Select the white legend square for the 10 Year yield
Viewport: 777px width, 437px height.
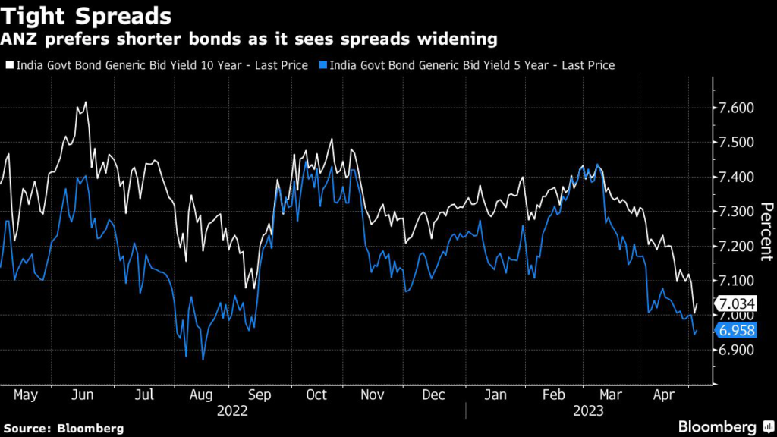tap(9, 65)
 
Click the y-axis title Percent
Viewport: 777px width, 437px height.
tap(766, 231)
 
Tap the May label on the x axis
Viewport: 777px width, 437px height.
tap(26, 395)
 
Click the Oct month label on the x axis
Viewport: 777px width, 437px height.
tap(316, 395)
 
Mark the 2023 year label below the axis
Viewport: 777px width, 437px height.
tap(587, 410)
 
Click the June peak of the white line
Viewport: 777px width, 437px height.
tap(86, 102)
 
